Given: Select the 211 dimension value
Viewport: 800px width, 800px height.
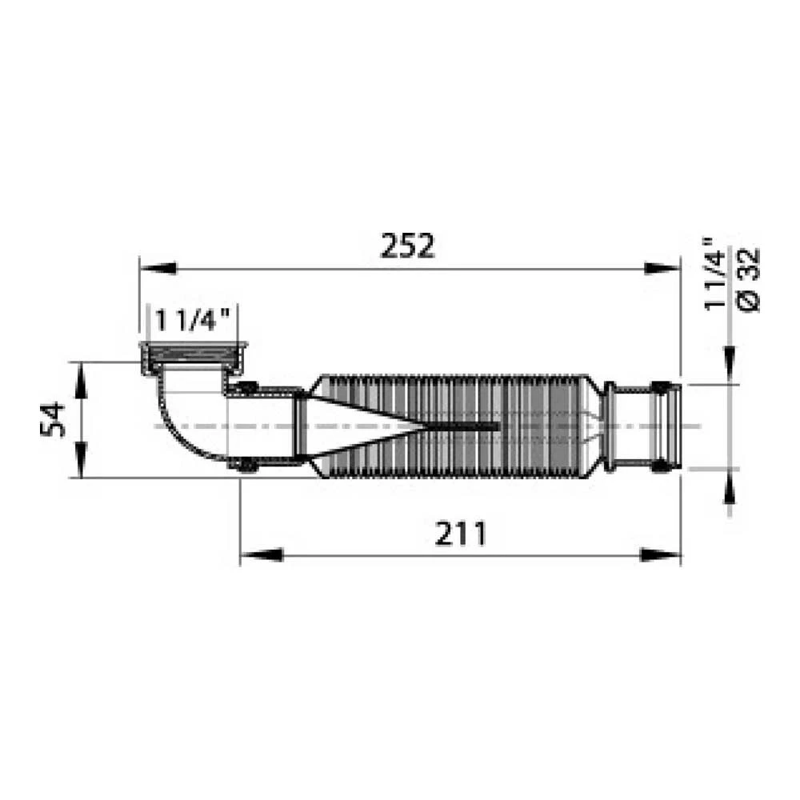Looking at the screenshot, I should click(x=460, y=533).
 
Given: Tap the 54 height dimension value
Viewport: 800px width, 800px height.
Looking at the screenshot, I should click(x=53, y=419).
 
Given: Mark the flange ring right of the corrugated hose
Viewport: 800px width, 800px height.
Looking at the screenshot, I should click(x=610, y=426).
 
